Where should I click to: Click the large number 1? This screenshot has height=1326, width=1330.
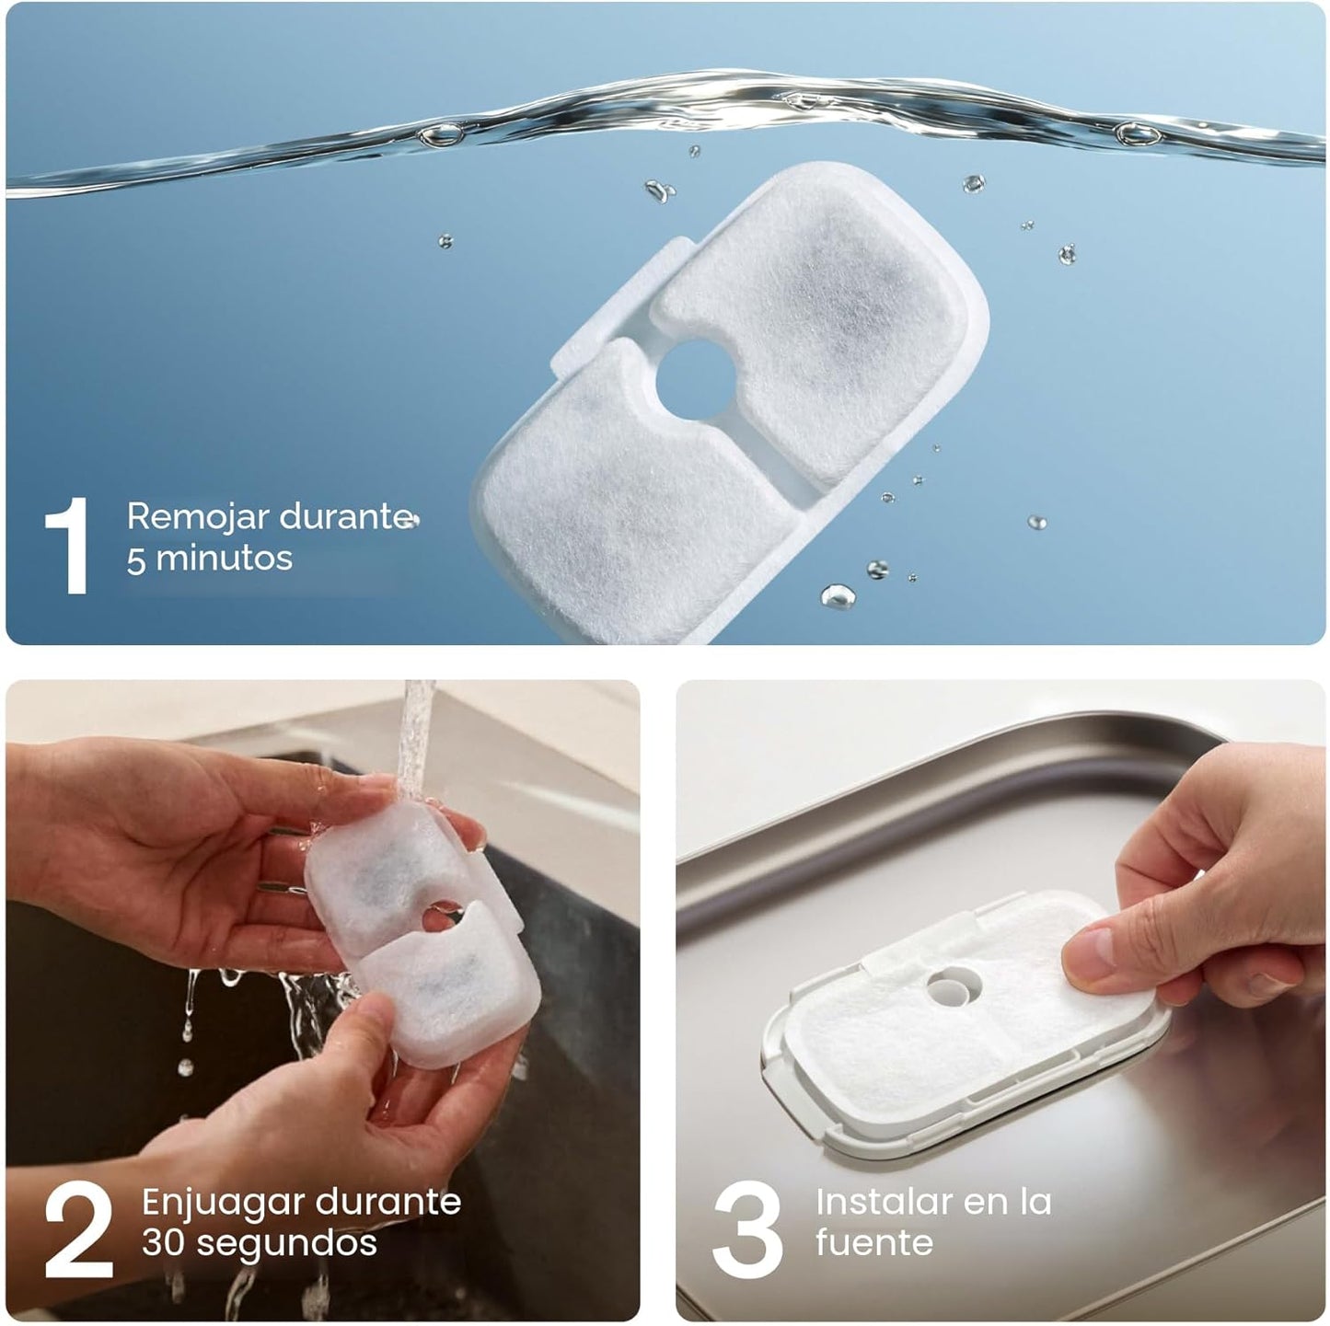point(69,546)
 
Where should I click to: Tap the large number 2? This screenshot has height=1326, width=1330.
point(78,1229)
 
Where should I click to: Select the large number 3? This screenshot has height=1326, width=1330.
point(747,1229)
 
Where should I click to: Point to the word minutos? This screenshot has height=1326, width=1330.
point(225,559)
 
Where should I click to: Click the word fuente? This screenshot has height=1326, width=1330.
point(873,1243)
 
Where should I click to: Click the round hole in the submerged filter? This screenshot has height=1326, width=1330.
point(696,380)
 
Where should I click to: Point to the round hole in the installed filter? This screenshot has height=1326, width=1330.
point(954,986)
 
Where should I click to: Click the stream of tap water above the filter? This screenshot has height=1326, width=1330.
point(417,740)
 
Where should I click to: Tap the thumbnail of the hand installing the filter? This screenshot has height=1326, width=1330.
point(1000,1000)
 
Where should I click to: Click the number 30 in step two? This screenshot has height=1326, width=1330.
point(164,1243)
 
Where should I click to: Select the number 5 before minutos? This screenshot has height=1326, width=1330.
point(136,560)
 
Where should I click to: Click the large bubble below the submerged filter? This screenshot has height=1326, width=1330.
point(838,596)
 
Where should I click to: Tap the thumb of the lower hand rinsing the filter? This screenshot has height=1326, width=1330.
point(374,1030)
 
